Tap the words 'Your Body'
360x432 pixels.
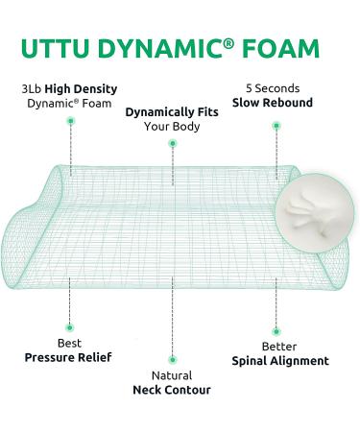173,125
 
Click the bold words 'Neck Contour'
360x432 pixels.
172,391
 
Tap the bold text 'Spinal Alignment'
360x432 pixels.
280,361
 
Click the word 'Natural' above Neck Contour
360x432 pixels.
172,375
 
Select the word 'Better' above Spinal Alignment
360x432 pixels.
280,346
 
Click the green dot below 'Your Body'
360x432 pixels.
173,144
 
